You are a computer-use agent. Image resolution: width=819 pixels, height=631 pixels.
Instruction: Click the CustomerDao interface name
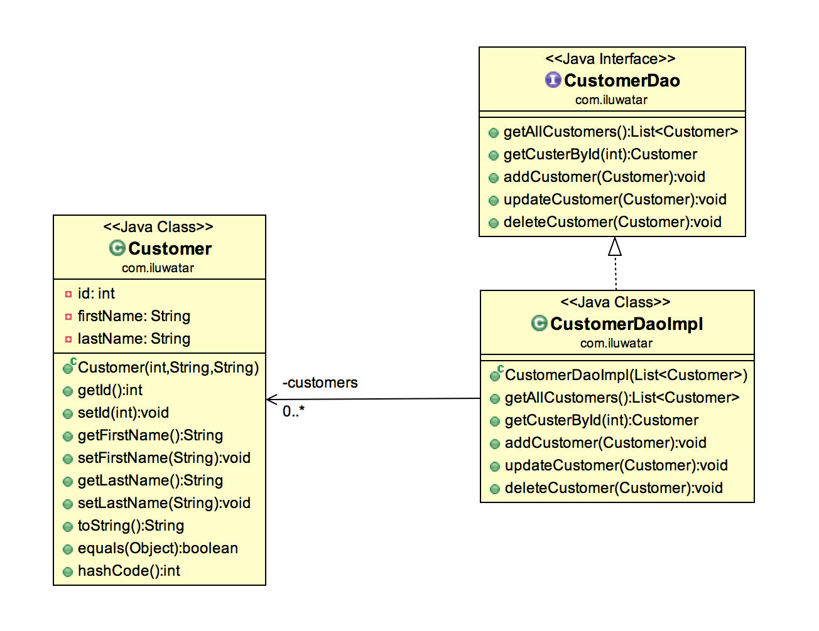coord(621,81)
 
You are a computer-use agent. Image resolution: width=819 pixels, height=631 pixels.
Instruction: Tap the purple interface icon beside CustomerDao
coord(553,80)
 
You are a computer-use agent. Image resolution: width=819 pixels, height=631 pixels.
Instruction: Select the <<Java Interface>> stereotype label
coord(610,59)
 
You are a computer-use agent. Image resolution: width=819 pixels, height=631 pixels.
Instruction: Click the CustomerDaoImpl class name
coord(626,324)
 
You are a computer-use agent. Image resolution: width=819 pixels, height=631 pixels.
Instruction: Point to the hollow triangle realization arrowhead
coord(615,247)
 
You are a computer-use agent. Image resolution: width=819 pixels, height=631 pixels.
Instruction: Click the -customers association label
coord(320,383)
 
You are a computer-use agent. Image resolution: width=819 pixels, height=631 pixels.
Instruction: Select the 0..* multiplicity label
coord(293,411)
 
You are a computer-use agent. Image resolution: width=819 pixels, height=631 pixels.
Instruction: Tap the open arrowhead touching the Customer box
coord(271,400)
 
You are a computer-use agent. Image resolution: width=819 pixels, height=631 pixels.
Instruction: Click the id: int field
coord(96,294)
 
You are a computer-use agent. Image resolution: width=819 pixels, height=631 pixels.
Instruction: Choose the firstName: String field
coord(134,316)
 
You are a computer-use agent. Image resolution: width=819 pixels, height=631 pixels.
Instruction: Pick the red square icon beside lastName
coord(68,339)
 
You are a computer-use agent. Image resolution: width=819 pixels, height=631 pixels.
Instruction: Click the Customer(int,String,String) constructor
coord(168,368)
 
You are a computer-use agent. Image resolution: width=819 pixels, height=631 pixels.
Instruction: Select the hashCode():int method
coord(129,571)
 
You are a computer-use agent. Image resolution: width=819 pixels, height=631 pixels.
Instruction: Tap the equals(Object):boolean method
coord(158,548)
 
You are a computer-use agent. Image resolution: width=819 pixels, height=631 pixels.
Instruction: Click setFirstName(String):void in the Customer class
coord(164,458)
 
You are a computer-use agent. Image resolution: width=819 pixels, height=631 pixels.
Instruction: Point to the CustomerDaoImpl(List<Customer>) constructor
coord(626,375)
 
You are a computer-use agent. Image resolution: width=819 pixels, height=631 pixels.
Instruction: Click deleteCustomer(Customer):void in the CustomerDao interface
coord(612,222)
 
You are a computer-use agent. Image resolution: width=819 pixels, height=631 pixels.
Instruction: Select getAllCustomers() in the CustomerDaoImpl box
coord(622,398)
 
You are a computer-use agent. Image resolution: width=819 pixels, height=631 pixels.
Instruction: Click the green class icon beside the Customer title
coord(117,248)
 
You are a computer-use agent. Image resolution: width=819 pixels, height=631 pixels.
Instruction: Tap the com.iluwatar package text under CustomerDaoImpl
coord(616,343)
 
